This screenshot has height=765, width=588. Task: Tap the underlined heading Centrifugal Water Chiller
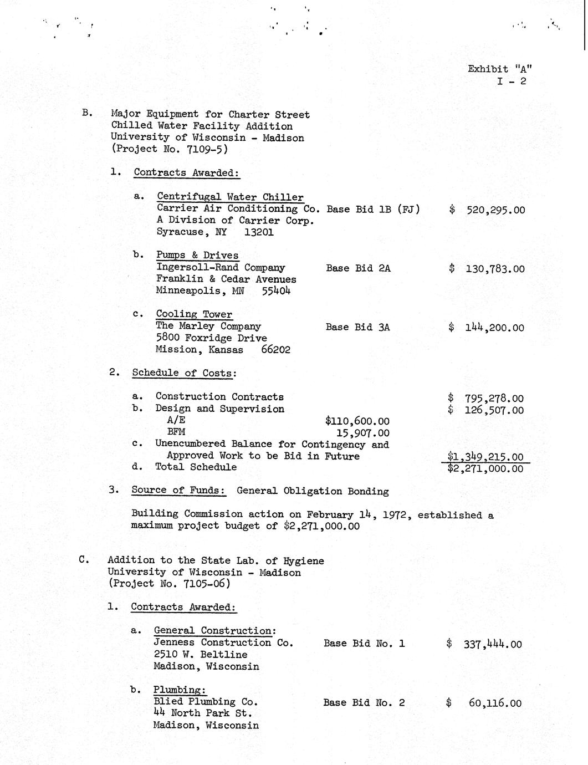coord(230,197)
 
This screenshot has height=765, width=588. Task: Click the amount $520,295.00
coord(488,210)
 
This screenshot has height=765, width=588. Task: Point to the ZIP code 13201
coord(259,232)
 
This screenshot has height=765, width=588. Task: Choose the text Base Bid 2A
coord(358,268)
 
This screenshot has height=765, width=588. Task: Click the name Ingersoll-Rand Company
coord(221,268)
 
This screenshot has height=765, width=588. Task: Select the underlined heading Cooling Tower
coord(194,314)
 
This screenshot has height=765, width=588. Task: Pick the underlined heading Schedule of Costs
coord(182,373)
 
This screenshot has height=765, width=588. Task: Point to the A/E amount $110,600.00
coord(357,421)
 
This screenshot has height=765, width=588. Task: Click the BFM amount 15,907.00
coord(363,433)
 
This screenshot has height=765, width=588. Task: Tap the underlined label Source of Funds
coord(178,491)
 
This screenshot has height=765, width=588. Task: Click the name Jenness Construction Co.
coord(223,643)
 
